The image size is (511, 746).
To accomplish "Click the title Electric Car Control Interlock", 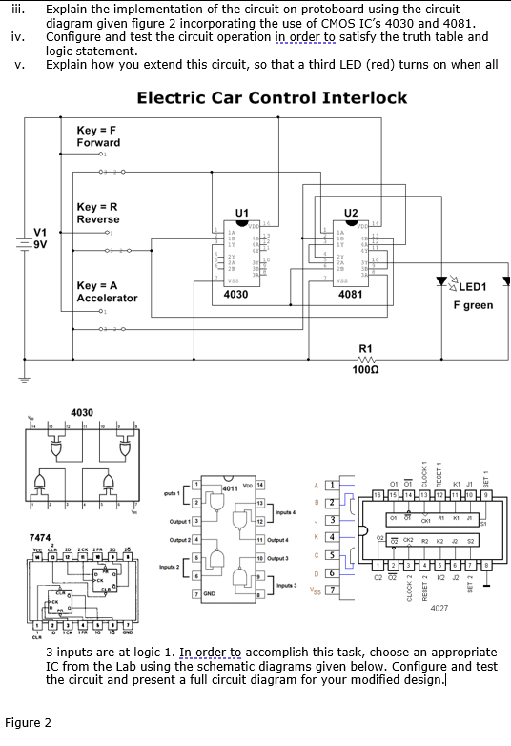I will tap(272, 97).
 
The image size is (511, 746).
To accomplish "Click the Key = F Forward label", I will tap(98, 135).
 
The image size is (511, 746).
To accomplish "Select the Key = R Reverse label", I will tap(98, 213).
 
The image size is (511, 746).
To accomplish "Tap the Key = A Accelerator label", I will tap(107, 292).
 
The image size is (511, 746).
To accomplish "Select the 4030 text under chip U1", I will tap(235, 296).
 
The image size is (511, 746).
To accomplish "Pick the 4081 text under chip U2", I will tap(350, 296).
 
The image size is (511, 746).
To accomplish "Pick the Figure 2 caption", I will tap(29, 722).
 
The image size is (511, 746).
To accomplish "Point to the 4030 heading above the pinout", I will tap(81, 412).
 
